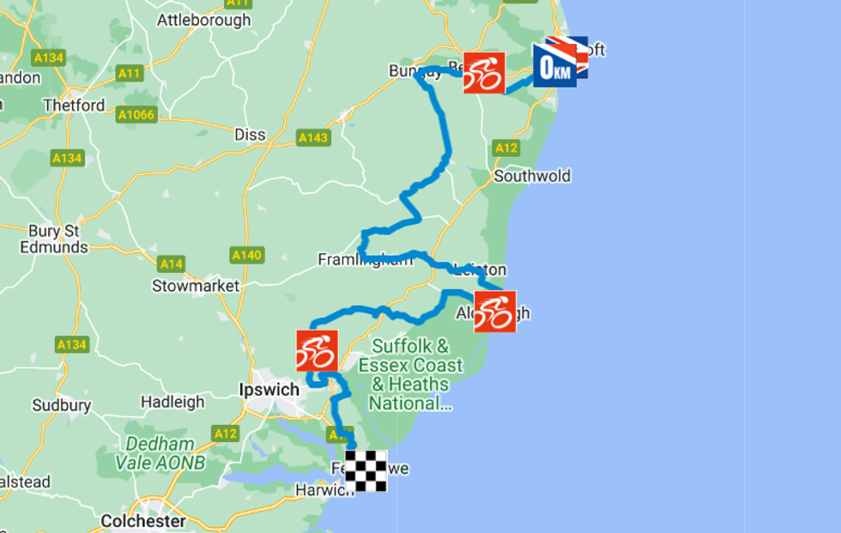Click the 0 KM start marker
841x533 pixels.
click(x=555, y=65)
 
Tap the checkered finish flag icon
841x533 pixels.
click(x=366, y=470)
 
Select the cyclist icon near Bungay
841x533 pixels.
click(x=484, y=73)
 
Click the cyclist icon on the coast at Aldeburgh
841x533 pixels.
click(x=495, y=312)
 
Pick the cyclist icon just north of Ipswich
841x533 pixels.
click(x=317, y=350)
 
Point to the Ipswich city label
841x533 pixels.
click(x=269, y=390)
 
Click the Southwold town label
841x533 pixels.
click(x=532, y=176)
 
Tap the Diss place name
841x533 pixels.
click(x=250, y=135)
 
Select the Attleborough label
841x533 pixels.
click(x=204, y=21)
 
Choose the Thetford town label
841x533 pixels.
click(x=74, y=106)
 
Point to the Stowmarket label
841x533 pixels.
click(x=196, y=286)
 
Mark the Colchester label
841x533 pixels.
click(x=143, y=521)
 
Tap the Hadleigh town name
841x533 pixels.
click(x=172, y=401)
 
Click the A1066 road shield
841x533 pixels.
click(x=136, y=115)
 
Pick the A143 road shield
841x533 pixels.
click(x=313, y=137)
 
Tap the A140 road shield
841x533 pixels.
click(x=247, y=255)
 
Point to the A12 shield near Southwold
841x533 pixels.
click(x=506, y=148)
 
